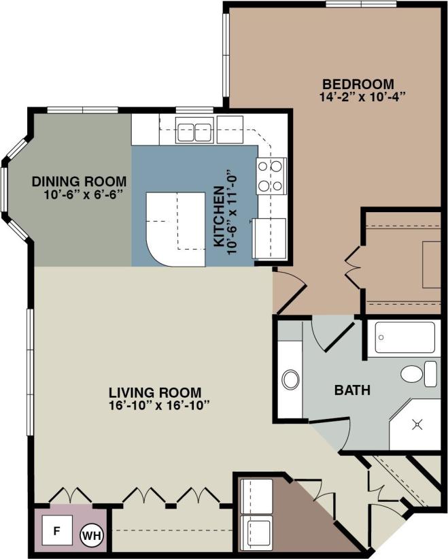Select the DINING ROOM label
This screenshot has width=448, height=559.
tap(79, 182)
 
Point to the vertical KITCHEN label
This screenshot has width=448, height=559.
tap(220, 216)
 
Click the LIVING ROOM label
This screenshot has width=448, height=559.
tap(155, 392)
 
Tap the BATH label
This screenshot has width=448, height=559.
tap(352, 391)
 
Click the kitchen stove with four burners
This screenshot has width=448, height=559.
tap(271, 175)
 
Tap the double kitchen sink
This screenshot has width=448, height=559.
tap(194, 131)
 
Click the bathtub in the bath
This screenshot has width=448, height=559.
tap(405, 337)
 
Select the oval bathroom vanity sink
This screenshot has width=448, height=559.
tap(291, 379)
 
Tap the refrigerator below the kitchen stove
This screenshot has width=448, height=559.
tap(270, 237)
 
